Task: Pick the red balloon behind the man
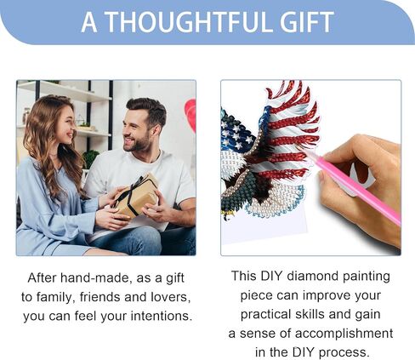click(x=190, y=115)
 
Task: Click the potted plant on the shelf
click(x=88, y=157)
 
